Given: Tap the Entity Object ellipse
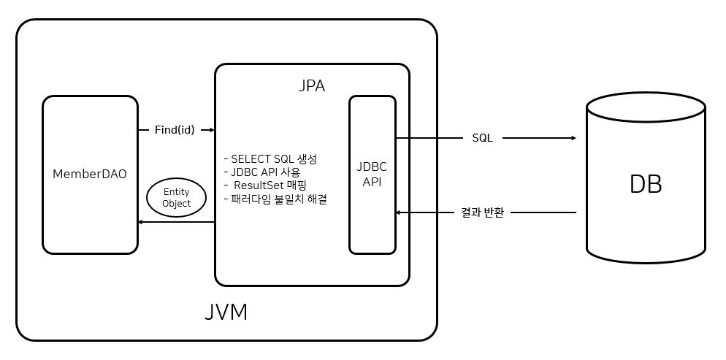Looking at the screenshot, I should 177,198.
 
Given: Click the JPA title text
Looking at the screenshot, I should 311,85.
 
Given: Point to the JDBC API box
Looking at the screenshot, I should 372,174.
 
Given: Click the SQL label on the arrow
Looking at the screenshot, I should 481,137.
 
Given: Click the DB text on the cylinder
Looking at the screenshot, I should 646,185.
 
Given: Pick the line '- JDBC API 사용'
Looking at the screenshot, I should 264,172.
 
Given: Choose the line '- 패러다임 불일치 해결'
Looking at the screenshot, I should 275,199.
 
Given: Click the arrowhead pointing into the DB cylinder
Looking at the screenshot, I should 573,137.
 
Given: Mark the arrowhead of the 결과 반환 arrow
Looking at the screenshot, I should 399,213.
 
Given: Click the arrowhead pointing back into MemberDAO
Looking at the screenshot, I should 142,221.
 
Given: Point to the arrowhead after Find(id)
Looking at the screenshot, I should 211,129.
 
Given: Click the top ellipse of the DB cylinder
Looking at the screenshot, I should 646,110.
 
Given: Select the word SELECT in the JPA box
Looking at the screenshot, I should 248,159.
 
